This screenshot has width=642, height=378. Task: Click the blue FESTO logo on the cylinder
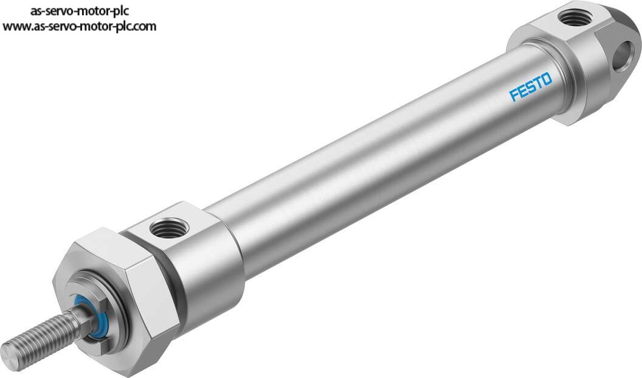(x=531, y=86)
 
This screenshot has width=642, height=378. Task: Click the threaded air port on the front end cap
(x=168, y=227)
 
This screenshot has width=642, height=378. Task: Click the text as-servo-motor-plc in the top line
(x=80, y=11)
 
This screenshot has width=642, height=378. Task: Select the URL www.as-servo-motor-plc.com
(x=80, y=27)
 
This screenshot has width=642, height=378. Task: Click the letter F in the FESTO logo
(x=514, y=95)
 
